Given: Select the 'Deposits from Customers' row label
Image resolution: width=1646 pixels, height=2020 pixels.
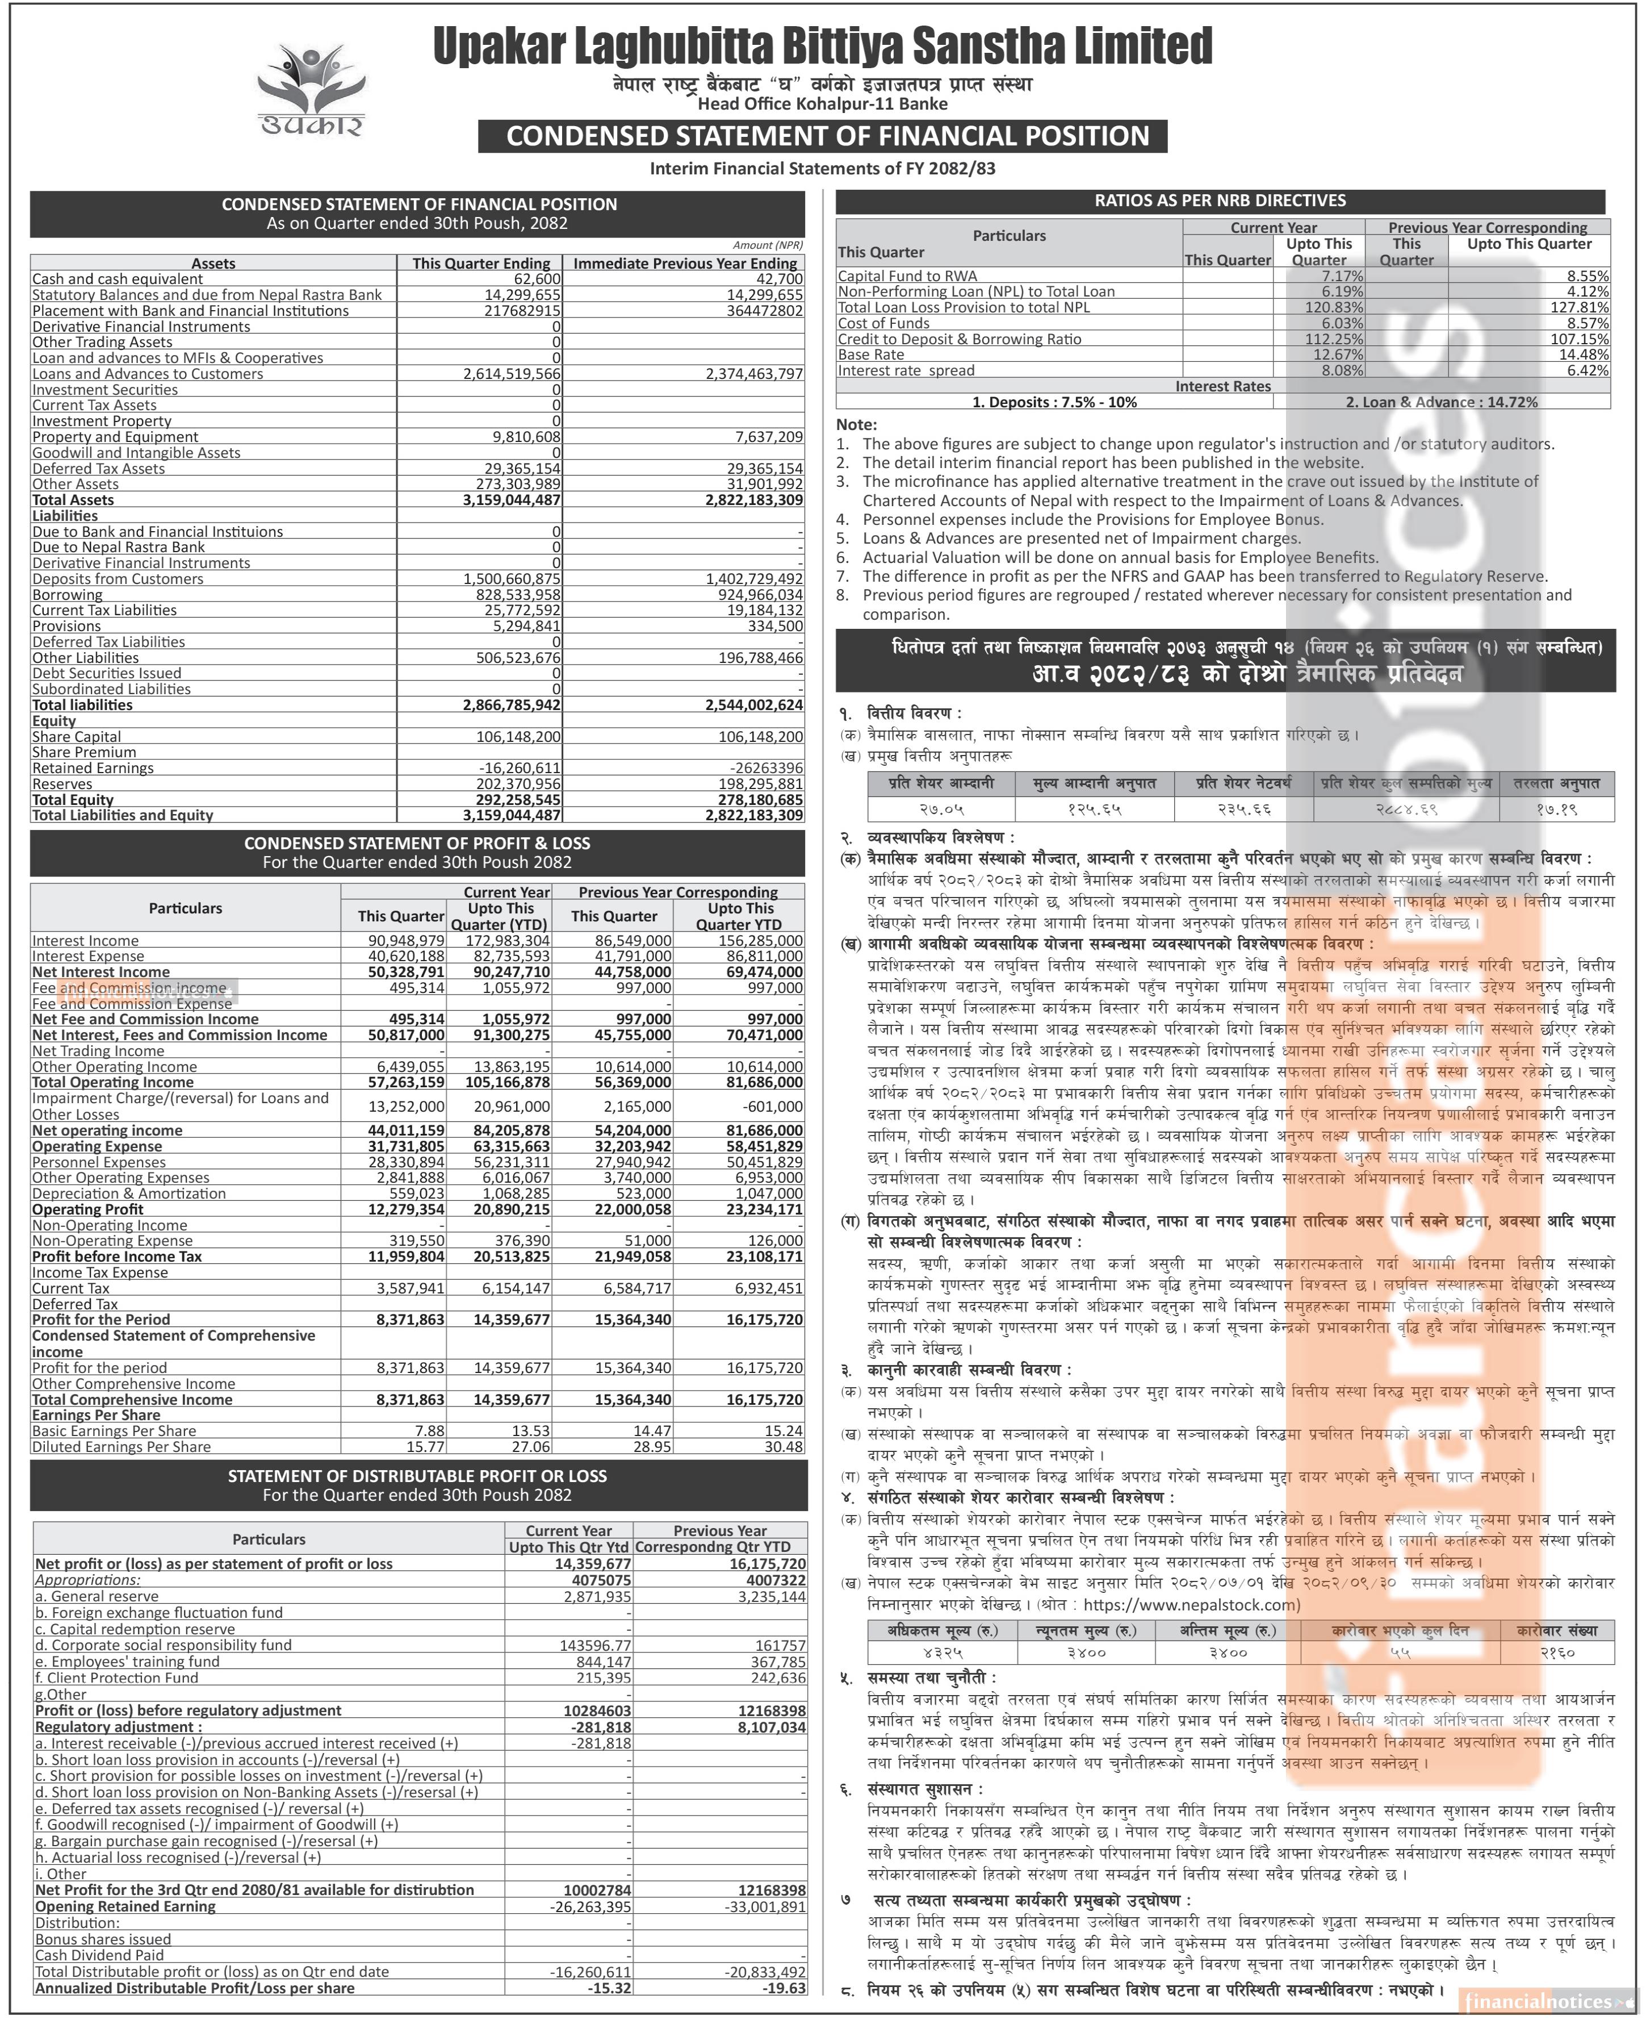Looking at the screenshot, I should (x=118, y=578).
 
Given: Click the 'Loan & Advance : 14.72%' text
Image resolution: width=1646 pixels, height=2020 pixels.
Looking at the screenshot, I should (x=1441, y=402).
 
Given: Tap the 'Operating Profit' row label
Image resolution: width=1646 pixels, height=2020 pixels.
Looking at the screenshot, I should (x=88, y=1209).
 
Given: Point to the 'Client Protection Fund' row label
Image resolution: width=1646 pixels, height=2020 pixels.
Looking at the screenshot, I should (x=118, y=1677).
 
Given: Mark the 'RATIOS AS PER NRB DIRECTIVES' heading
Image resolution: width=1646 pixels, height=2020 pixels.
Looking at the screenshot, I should (x=1220, y=201).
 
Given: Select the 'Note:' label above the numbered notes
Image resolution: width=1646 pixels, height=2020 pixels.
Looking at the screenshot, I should (x=856, y=425).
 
